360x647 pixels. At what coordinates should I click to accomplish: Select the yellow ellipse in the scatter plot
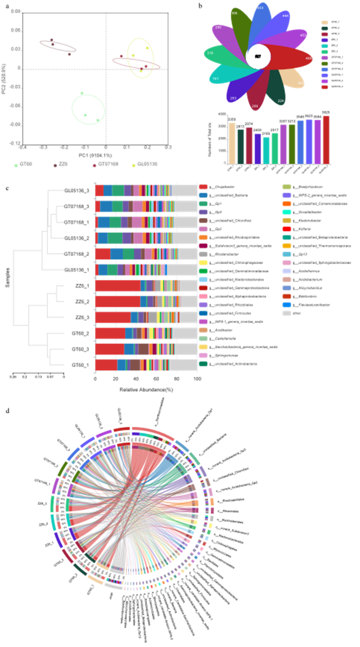tap(141, 58)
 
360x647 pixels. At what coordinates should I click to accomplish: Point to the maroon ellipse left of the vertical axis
tap(58, 46)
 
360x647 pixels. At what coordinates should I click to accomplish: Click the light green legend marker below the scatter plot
tap(16, 164)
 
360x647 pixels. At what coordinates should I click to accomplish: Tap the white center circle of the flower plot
tap(258, 56)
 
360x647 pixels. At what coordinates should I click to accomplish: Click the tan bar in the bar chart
tap(232, 143)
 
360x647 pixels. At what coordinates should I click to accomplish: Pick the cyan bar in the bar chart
tap(266, 150)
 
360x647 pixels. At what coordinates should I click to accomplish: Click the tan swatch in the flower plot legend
tap(325, 23)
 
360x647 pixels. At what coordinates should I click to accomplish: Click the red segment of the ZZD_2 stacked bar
tap(117, 301)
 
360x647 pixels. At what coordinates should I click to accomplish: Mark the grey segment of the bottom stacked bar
tap(184, 364)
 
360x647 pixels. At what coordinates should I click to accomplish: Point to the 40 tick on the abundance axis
tap(136, 379)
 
